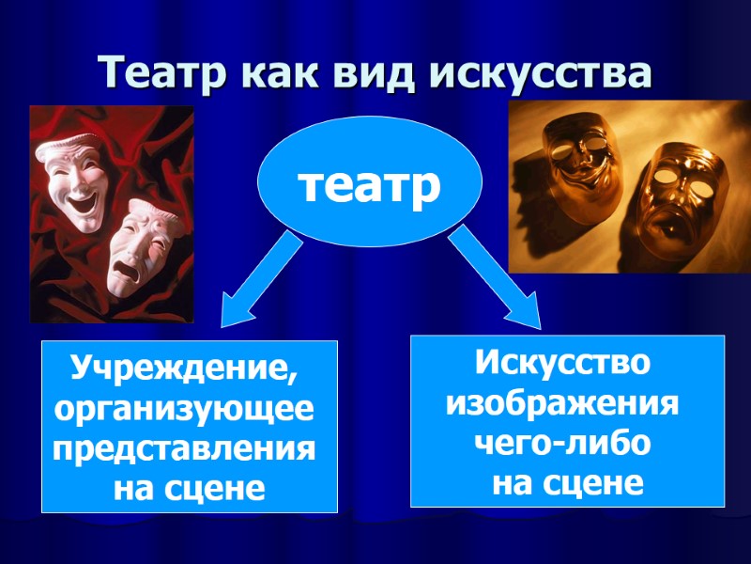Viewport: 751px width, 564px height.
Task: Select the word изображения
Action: click(x=563, y=402)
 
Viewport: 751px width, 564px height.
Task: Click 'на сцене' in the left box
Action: click(x=189, y=488)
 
